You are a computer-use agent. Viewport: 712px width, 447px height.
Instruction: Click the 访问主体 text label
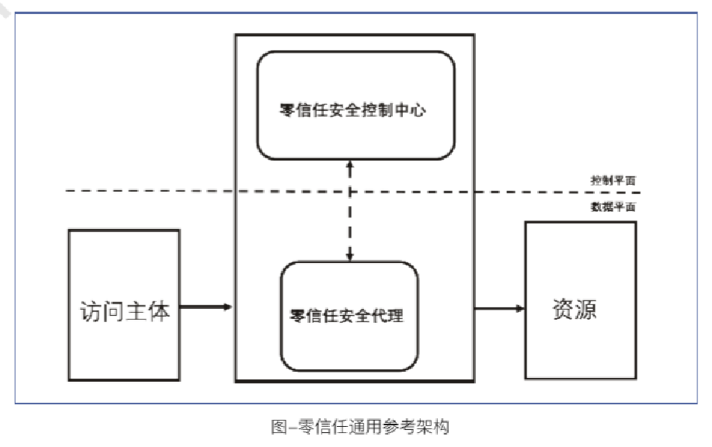(124, 311)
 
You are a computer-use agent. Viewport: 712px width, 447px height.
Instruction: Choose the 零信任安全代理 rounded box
(349, 315)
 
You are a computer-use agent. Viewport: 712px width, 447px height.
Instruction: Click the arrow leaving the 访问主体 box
(207, 307)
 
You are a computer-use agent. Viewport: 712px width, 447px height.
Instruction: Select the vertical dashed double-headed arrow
(350, 210)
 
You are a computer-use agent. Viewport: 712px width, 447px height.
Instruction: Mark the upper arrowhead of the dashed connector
(350, 165)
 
